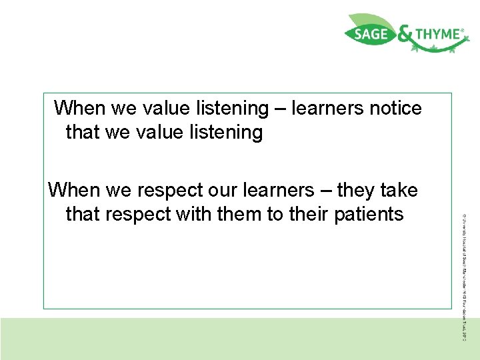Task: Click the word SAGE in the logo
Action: pyautogui.click(x=370, y=35)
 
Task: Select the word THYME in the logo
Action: pyautogui.click(x=437, y=34)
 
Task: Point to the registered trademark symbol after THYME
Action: pyautogui.click(x=463, y=29)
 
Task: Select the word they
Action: pyautogui.click(x=358, y=191)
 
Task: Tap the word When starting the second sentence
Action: pyautogui.click(x=74, y=191)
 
